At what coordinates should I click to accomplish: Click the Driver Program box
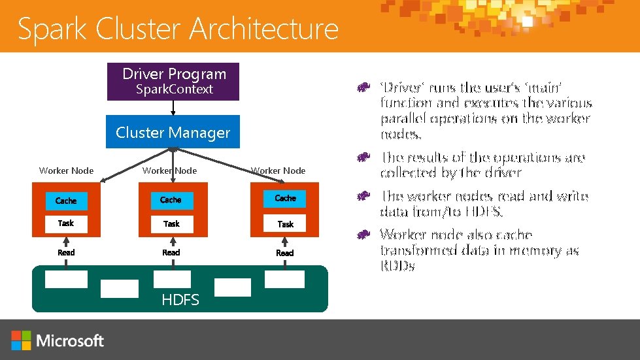tap(173, 82)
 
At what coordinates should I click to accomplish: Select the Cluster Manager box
tap(173, 132)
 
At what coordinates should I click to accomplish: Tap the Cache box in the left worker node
tap(65, 201)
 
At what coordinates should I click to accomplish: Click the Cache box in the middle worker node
tap(171, 200)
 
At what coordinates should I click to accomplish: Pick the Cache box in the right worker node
tap(285, 198)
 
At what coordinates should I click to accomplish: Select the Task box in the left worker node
tap(65, 223)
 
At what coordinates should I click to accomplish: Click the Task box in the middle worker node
tap(171, 223)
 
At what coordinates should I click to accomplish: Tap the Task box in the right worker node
tap(285, 224)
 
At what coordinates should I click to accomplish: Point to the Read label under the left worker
tap(66, 252)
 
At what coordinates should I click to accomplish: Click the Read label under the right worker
tap(285, 253)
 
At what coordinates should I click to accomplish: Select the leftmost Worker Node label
tap(66, 171)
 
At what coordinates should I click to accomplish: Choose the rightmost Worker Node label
tap(278, 171)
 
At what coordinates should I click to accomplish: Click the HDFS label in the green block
tap(180, 300)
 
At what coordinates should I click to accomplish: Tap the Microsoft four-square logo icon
tap(21, 340)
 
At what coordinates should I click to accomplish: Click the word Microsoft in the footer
tap(71, 340)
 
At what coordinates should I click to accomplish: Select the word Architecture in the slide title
tap(264, 29)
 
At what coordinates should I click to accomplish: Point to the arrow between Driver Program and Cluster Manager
tap(173, 108)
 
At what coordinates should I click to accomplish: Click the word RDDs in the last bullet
tap(397, 267)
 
